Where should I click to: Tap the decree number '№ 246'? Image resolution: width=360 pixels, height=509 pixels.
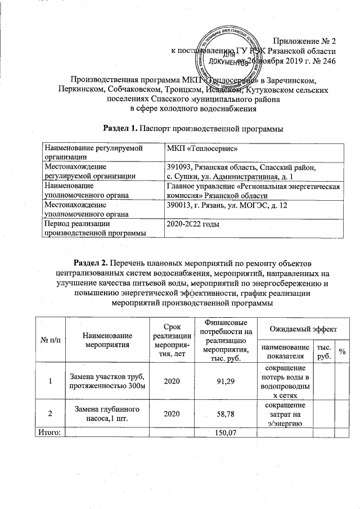coord(322,61)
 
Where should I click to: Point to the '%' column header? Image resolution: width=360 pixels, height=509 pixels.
coord(341,352)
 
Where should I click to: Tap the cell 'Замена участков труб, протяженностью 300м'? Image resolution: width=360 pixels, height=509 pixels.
coord(106,381)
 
